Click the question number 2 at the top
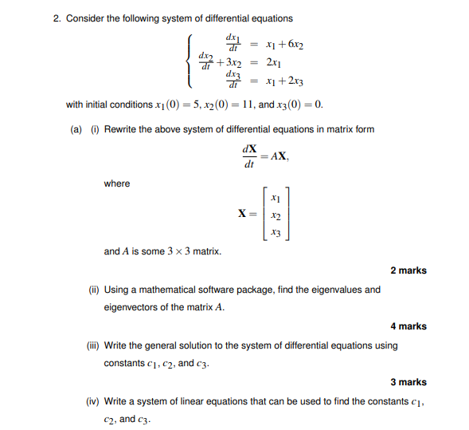[57, 18]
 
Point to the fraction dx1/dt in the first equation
[233, 41]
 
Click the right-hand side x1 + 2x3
[285, 81]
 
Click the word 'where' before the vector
[116, 183]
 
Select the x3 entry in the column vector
[275, 232]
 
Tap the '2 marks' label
[408, 270]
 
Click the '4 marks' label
[408, 326]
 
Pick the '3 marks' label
[408, 382]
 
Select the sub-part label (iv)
[95, 401]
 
